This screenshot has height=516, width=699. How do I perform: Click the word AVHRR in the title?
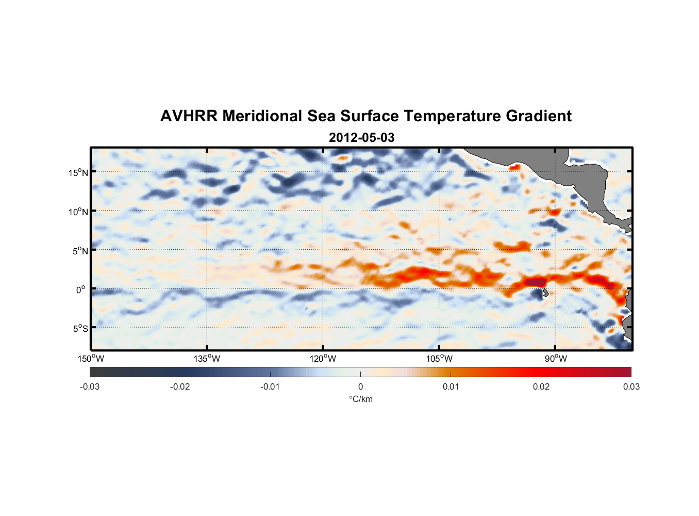(189, 116)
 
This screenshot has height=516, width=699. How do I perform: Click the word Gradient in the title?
(539, 116)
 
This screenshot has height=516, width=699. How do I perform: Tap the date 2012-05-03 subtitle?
(361, 138)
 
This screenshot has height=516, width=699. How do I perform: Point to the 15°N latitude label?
(78, 172)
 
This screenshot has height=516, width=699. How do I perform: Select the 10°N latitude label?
(78, 212)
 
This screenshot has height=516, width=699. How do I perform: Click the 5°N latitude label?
(80, 251)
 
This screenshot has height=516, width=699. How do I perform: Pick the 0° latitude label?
(81, 289)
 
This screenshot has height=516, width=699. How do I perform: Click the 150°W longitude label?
(91, 359)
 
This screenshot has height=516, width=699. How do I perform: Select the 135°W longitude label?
(207, 359)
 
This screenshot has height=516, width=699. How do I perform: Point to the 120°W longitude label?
(323, 359)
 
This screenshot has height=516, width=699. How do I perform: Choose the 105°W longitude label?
(439, 359)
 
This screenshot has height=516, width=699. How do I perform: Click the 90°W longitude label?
(556, 359)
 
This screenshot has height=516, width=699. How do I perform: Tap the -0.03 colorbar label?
(90, 386)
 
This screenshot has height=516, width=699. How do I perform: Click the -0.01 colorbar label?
(270, 386)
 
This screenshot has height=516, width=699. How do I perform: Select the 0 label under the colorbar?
(360, 386)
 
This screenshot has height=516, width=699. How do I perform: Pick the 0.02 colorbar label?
(541, 386)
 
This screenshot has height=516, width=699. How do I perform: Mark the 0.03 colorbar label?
(631, 386)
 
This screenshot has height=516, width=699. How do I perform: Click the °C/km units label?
(360, 399)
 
